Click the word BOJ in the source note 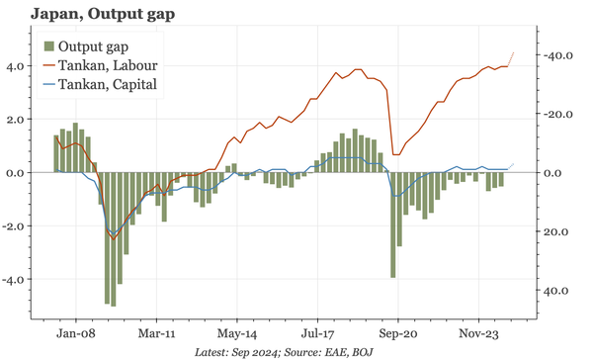(366, 352)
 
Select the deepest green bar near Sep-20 (393, 225)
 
